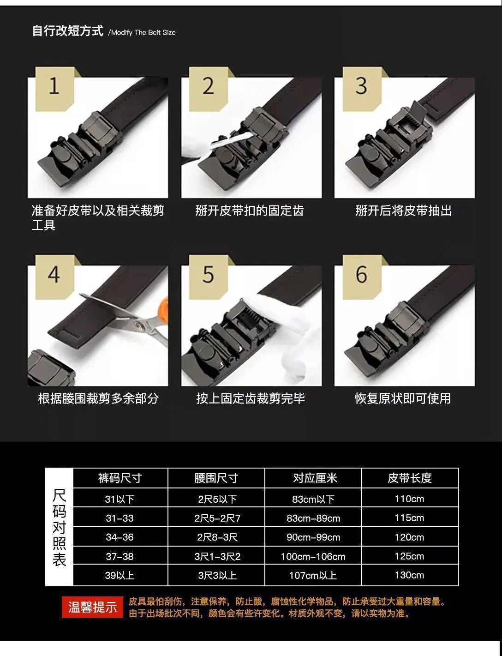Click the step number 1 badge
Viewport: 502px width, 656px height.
[x=54, y=89]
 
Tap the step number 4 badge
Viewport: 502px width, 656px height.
[x=54, y=277]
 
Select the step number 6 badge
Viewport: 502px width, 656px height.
[x=362, y=277]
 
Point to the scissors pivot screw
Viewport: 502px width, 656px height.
[x=139, y=325]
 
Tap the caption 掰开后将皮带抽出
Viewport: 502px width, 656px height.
[x=404, y=211]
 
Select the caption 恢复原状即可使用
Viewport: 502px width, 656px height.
[x=403, y=398]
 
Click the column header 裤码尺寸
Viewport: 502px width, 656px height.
[x=120, y=478]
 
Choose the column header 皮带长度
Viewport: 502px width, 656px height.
[x=410, y=478]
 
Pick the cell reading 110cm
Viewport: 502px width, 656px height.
[x=409, y=499]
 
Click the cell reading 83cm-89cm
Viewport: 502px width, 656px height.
[x=313, y=518]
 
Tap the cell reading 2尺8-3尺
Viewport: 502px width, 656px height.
[x=217, y=537]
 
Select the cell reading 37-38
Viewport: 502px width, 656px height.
[x=120, y=556]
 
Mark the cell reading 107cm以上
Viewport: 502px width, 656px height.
[x=313, y=575]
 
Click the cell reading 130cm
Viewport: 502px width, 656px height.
[x=409, y=575]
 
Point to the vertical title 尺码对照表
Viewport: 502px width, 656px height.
[x=59, y=527]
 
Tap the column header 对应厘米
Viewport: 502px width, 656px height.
[x=315, y=478]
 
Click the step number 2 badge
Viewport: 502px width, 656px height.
[x=208, y=89]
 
